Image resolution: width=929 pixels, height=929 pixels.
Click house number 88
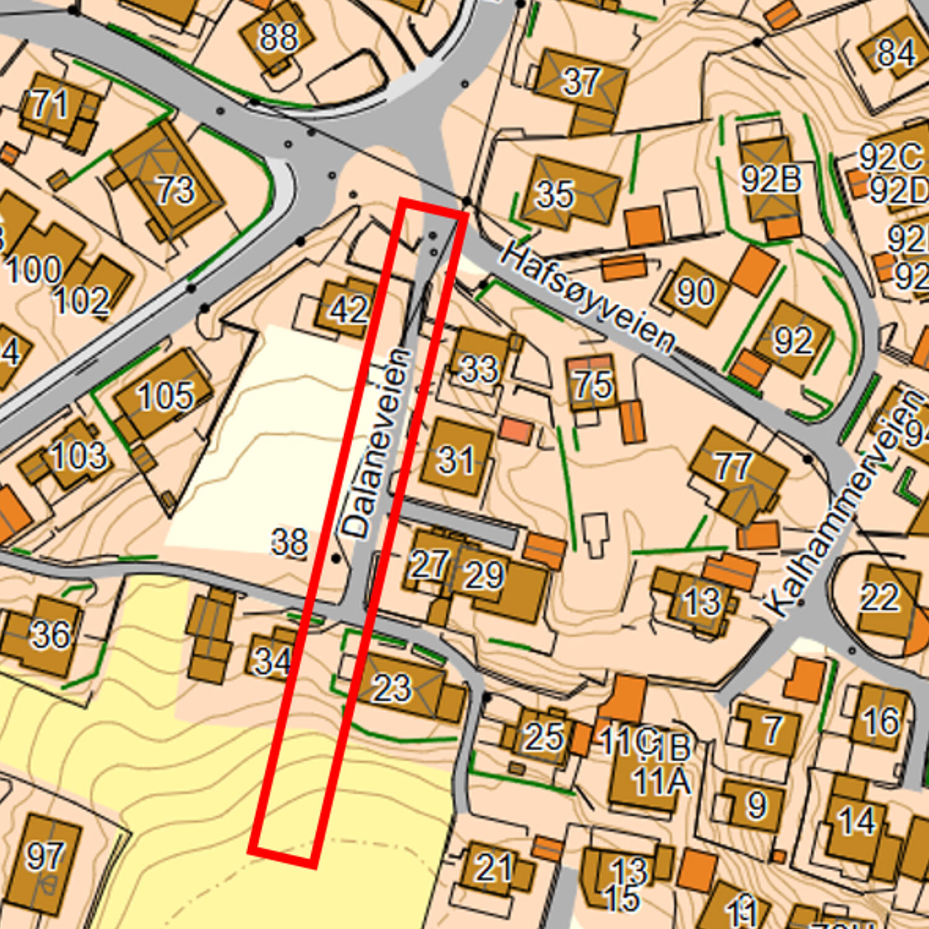coord(278,37)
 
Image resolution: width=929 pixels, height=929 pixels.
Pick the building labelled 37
coord(581,81)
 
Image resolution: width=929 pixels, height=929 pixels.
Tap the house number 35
coord(555,194)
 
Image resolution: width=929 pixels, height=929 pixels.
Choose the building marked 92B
coord(771,179)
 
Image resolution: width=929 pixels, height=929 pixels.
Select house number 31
coord(457,459)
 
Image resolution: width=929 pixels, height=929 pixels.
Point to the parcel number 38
coord(290,543)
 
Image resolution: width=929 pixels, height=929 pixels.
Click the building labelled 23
coord(392,688)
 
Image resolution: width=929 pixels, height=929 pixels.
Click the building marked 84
coord(896,52)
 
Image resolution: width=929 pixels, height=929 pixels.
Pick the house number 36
coord(51,634)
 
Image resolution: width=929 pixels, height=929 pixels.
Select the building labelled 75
coord(594,384)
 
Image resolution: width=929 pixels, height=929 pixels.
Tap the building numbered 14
coord(857,821)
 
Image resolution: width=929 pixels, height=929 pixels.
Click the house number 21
coord(493,867)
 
